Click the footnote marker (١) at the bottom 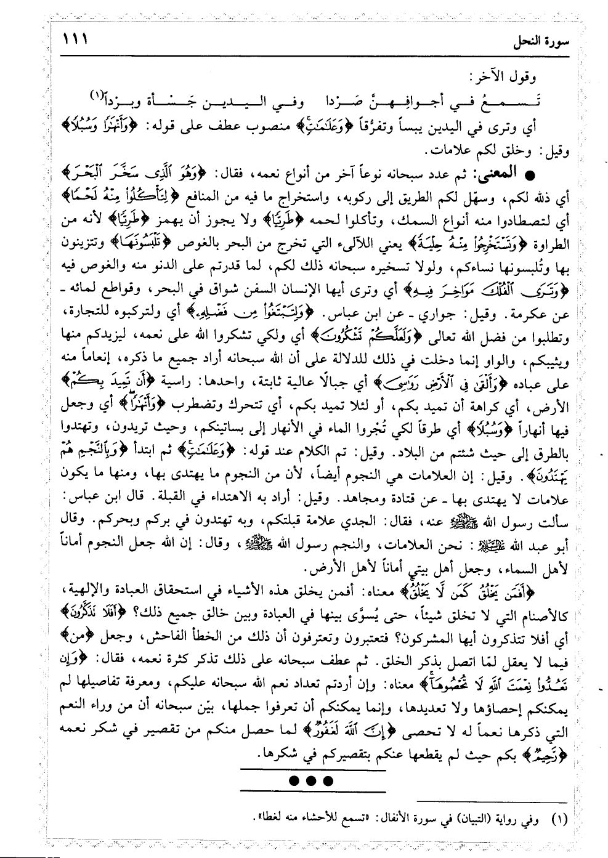pyautogui.click(x=557, y=819)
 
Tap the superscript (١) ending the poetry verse pyautogui.click(x=99, y=94)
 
